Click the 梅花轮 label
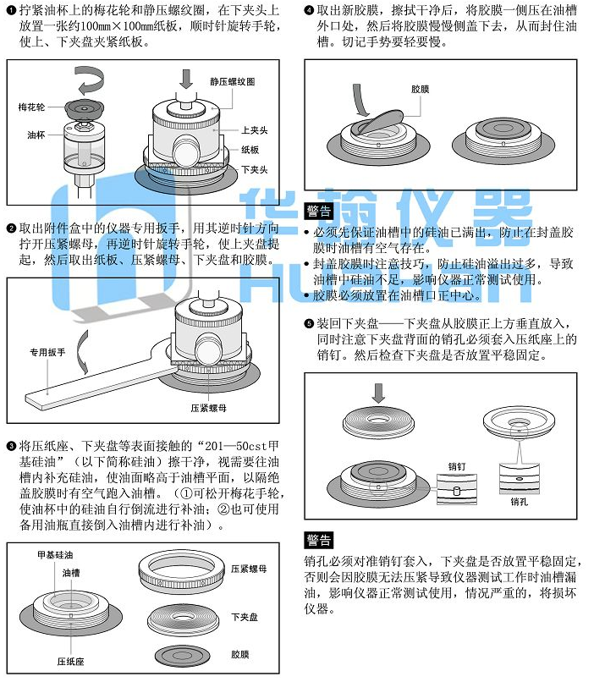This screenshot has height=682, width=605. tap(31, 107)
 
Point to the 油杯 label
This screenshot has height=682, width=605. tap(36, 135)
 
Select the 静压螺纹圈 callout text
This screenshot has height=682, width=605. tap(233, 82)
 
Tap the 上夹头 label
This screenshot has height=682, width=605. tap(255, 130)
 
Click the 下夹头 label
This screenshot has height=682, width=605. tap(255, 169)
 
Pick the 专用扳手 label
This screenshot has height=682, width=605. tap(47, 352)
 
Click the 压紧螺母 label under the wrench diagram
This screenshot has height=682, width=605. tap(209, 408)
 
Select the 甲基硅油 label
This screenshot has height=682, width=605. tap(55, 555)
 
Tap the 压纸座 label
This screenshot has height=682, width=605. tap(70, 662)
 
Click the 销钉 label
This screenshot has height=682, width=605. tap(457, 467)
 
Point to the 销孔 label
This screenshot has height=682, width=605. tap(519, 502)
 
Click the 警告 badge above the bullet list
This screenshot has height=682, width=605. tap(319, 212)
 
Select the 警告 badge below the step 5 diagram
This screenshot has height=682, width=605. tap(319, 540)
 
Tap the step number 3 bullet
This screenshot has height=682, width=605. tap(12, 446)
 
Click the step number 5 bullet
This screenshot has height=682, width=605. tap(309, 323)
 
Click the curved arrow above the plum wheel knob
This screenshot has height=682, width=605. tap(89, 80)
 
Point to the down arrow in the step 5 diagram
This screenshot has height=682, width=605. tap(379, 393)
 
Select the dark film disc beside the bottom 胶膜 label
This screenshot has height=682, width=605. tap(183, 656)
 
